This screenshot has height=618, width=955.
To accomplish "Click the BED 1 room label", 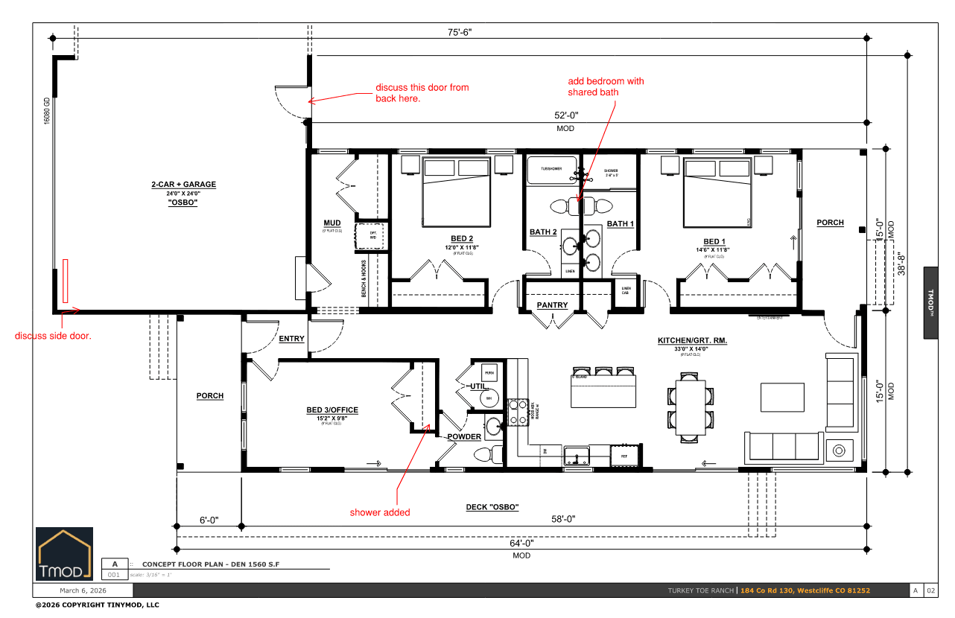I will click(x=714, y=241).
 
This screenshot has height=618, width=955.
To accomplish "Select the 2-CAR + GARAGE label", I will click(x=173, y=184).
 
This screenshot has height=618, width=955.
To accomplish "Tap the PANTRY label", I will click(x=552, y=305).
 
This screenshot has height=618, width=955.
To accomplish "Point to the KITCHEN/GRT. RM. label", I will click(x=691, y=340).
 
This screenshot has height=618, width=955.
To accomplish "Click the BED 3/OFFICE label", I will click(x=332, y=410).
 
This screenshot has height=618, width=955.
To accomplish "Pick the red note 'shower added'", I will click(x=380, y=512).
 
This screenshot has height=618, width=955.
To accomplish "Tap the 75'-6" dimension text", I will click(x=459, y=32).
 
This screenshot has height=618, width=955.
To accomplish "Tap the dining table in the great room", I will click(x=691, y=408).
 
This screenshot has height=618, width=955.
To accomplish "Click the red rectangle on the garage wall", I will click(x=66, y=280).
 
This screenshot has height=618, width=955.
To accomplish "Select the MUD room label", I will click(x=331, y=223).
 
